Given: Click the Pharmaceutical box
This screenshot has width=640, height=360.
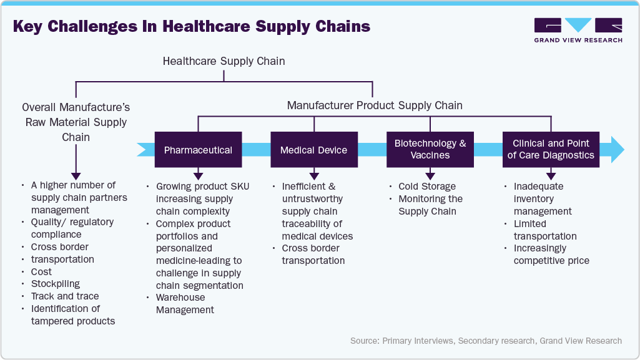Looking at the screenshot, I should pos(198,150).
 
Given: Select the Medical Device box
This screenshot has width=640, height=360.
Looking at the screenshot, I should pos(313,150).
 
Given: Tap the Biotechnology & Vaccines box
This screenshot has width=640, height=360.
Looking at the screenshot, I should pos(430,149).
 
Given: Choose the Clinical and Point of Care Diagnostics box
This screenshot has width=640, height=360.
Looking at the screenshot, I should pos(551,149).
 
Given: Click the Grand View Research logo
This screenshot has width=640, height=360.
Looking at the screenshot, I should pos(578,30).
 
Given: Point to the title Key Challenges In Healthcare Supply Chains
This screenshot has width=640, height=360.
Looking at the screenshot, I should pos(192,27).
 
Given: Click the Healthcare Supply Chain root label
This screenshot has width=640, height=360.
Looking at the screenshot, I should pos(224,61).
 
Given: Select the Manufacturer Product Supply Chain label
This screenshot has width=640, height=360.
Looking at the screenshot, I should pos(375,105).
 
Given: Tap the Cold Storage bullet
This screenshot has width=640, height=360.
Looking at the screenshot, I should pos(427,187).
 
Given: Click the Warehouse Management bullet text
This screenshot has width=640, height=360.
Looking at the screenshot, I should pos(185,303).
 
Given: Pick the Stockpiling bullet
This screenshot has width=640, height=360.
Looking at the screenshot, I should pos(56,284).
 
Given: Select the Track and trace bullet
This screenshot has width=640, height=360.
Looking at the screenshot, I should pos(65,296).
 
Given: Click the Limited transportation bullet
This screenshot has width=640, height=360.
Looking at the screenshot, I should pos(544,230).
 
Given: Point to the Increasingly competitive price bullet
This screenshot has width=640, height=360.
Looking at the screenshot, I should pos(551,255).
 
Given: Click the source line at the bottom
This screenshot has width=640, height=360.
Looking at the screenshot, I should pos(486,341).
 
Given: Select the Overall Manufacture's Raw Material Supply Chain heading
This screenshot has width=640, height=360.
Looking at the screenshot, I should pos(76,122).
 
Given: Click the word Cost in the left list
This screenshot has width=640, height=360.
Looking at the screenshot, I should pos(41,272).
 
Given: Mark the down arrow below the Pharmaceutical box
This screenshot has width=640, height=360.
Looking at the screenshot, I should pos(198,175).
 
